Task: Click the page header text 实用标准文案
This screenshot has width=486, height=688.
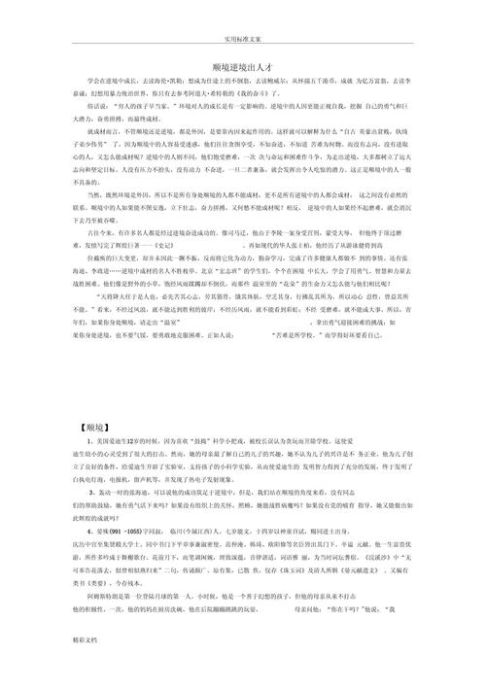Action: click(243, 40)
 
